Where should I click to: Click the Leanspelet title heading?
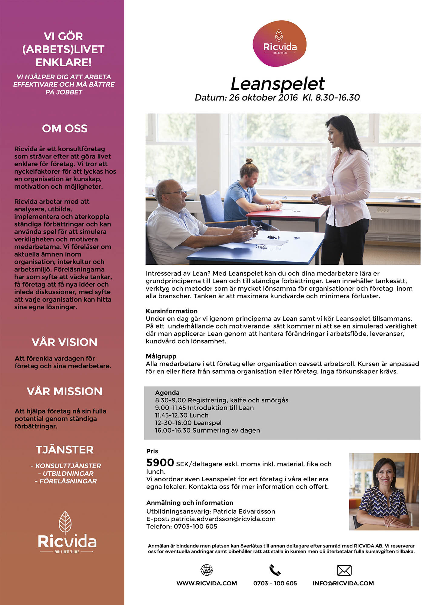(277, 84)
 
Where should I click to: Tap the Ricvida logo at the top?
(279, 44)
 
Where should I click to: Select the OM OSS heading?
(65, 129)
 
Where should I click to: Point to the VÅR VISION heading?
(65, 342)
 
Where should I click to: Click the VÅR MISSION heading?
(65, 391)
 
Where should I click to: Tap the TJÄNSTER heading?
(65, 450)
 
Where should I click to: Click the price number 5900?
(160, 463)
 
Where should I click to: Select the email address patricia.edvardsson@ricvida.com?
(223, 519)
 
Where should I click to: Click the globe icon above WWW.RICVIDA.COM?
(207, 570)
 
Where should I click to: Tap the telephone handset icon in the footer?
(275, 570)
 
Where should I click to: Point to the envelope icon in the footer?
(344, 570)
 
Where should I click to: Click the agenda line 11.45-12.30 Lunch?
(182, 415)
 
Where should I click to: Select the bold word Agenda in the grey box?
(167, 393)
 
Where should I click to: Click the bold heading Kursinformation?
(171, 311)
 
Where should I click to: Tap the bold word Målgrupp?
(161, 356)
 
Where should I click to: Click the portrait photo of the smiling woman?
(384, 492)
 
